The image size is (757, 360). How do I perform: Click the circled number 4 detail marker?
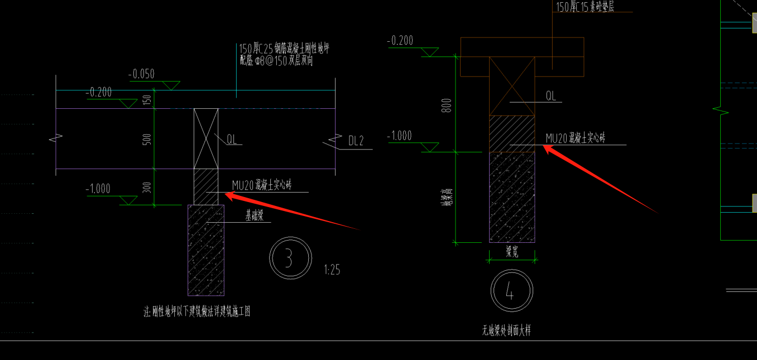(x=511, y=290)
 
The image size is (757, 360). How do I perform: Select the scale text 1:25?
(x=332, y=270)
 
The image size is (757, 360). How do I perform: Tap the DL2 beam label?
(x=356, y=141)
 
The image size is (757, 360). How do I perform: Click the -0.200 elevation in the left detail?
(x=99, y=93)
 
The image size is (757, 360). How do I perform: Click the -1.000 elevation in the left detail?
(x=98, y=189)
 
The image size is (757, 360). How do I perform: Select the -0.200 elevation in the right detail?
(x=400, y=41)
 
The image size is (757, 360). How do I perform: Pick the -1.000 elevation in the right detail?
(x=399, y=136)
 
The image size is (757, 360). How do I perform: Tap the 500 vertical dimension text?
(x=147, y=139)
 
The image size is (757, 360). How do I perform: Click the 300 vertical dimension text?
(x=147, y=187)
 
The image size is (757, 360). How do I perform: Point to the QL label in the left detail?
(x=232, y=140)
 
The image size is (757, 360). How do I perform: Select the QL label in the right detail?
(x=551, y=96)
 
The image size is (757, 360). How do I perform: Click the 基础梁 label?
(x=254, y=216)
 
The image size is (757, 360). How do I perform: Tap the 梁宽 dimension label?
(x=512, y=251)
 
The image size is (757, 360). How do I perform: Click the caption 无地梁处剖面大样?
(x=506, y=330)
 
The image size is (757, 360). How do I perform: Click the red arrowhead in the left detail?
(x=229, y=195)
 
